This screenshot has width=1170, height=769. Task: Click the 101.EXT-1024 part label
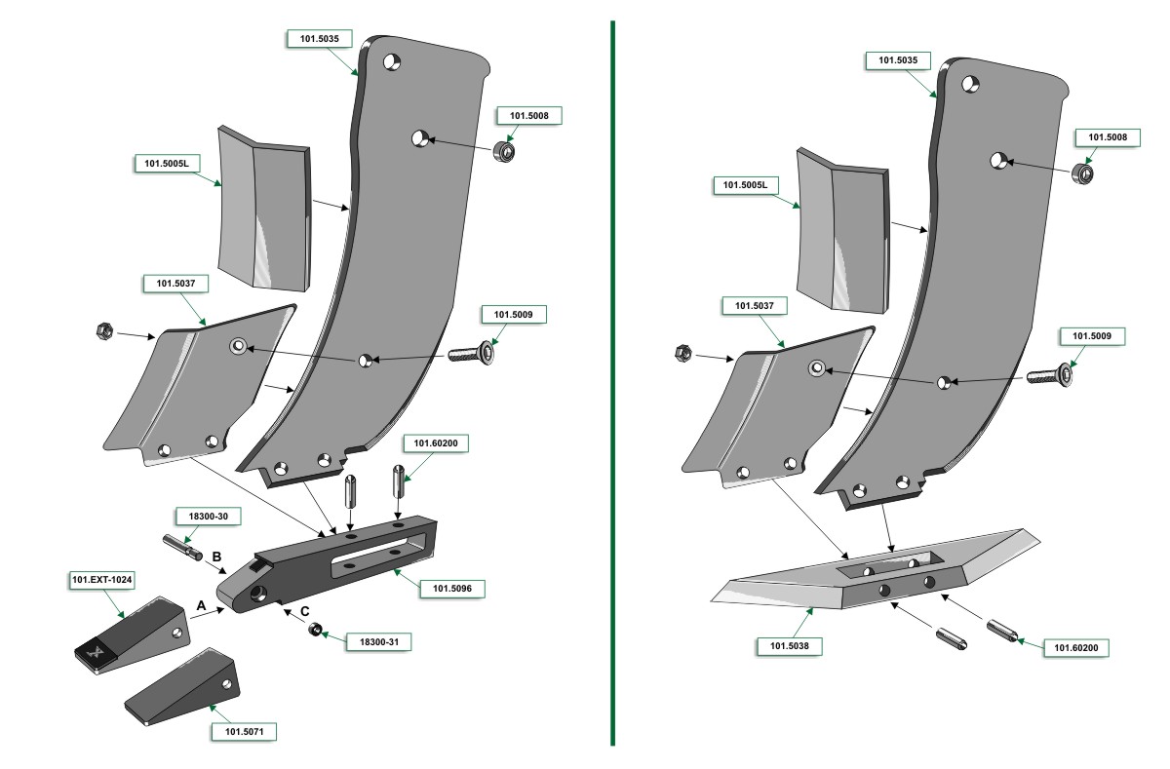(101, 580)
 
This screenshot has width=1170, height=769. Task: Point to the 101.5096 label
(451, 589)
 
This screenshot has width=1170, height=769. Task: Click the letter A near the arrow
(201, 605)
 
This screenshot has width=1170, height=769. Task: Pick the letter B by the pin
(218, 557)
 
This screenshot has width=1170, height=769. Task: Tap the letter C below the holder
(305, 611)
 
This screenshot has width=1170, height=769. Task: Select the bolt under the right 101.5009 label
(1051, 375)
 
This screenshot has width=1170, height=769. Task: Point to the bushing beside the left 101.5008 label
(505, 151)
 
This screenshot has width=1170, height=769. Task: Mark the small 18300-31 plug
(316, 631)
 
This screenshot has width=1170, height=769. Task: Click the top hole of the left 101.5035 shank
(392, 61)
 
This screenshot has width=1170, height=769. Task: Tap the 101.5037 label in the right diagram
(754, 306)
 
